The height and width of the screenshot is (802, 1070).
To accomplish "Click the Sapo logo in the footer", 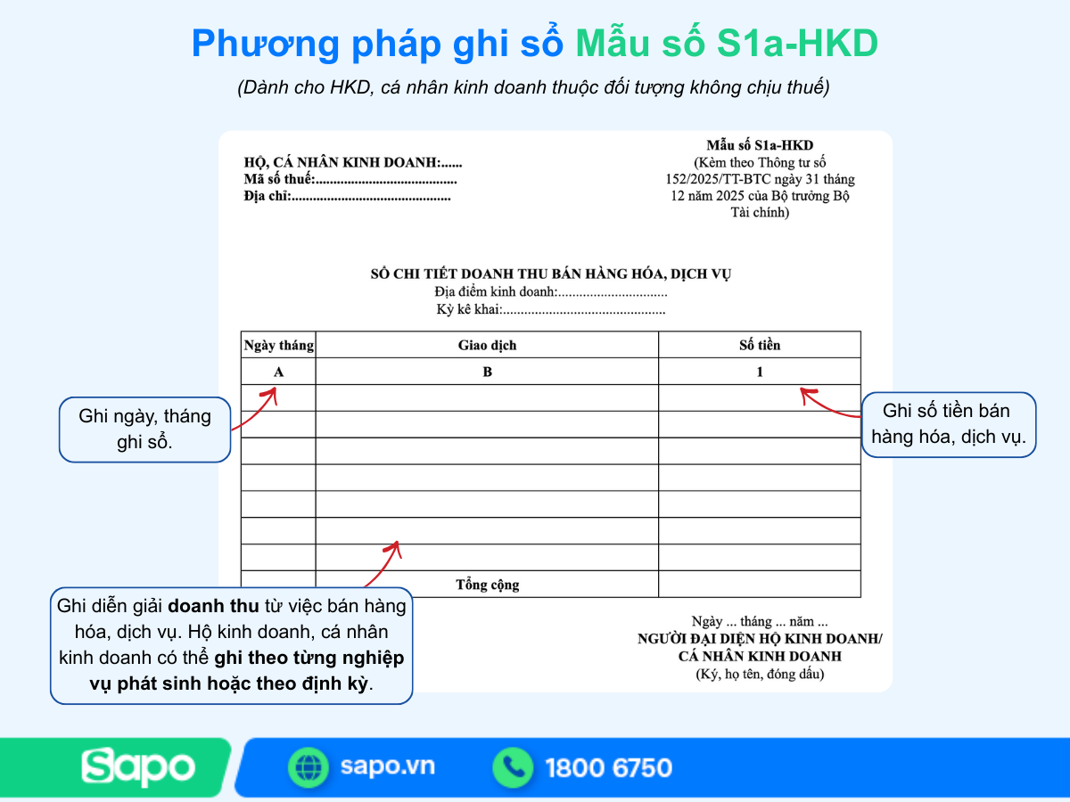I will click(x=138, y=767).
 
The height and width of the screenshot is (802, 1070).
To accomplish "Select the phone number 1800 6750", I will click(x=608, y=767).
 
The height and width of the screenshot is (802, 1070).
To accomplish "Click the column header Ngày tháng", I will click(x=278, y=346).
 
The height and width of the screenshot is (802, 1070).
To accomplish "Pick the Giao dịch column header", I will click(x=487, y=346).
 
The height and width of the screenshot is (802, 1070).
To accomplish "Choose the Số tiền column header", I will click(x=760, y=346).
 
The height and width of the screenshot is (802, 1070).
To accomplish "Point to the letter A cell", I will click(x=278, y=372).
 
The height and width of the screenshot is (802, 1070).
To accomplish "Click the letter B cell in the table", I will click(x=487, y=372).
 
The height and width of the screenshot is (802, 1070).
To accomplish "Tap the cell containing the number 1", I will click(x=760, y=372).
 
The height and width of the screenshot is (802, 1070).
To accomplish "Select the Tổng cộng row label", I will click(x=487, y=585).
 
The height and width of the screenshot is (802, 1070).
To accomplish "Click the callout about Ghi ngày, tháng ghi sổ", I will click(x=144, y=430).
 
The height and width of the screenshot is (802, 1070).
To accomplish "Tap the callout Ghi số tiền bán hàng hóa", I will click(x=948, y=424).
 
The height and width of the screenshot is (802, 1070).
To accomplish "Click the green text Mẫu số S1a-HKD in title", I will click(x=726, y=45).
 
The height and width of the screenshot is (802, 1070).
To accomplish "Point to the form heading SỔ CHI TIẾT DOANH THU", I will click(x=550, y=274).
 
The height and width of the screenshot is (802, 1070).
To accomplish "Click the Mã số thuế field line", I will click(x=350, y=180).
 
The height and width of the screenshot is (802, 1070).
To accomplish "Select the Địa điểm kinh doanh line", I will click(x=550, y=292).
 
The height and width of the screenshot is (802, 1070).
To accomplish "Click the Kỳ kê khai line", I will click(x=550, y=310).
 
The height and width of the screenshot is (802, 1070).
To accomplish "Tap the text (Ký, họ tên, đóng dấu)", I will click(x=760, y=674).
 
